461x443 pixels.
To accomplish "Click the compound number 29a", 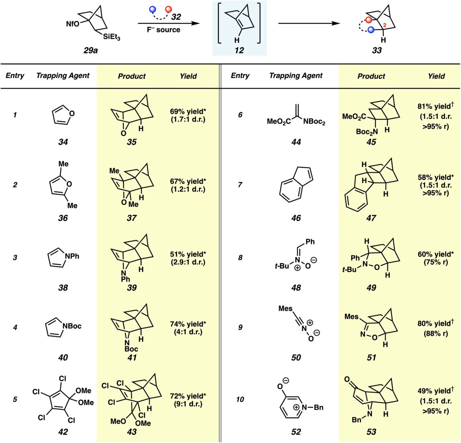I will pyautogui.click(x=91, y=50).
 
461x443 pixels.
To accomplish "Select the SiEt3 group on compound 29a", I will pyautogui.click(x=111, y=37).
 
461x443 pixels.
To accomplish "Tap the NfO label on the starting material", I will pyautogui.click(x=73, y=24).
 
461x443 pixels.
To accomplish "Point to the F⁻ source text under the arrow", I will pyautogui.click(x=163, y=30).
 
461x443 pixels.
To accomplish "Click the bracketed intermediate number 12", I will pyautogui.click(x=239, y=50).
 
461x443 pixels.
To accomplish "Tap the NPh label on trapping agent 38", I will pyautogui.click(x=72, y=256).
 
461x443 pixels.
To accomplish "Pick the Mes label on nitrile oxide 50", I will pyautogui.click(x=285, y=309).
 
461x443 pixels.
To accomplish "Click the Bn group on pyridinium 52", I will pyautogui.click(x=318, y=407).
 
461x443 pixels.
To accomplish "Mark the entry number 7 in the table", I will pyautogui.click(x=240, y=185).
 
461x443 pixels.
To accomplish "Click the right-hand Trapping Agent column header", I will pyautogui.click(x=296, y=76).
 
